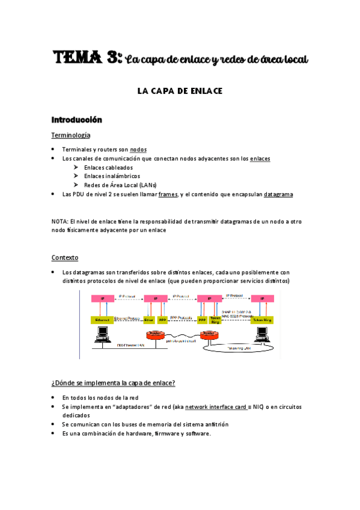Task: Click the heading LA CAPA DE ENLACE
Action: point(180,91)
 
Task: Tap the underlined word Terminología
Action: point(71,135)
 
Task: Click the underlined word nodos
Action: point(138,149)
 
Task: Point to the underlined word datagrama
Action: point(279,194)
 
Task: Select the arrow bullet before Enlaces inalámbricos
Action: point(76,176)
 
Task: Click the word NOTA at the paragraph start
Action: point(59,221)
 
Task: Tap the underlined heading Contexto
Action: point(65,257)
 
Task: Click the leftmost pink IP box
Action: point(102,298)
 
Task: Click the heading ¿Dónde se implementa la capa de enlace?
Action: point(114,382)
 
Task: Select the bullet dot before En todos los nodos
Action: point(53,398)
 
